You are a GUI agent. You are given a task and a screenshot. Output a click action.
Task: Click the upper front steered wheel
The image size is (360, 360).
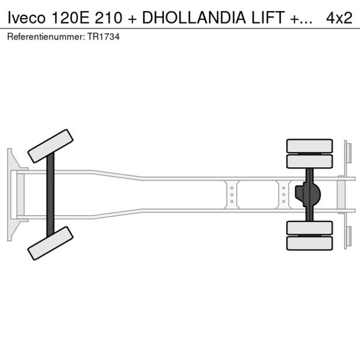coord(51,146)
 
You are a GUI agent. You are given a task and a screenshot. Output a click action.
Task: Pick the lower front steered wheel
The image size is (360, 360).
coord(51,243)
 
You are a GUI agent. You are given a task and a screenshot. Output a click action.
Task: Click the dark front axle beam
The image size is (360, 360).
coord(51,195)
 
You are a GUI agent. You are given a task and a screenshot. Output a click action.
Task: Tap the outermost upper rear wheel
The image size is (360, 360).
coord(309,145)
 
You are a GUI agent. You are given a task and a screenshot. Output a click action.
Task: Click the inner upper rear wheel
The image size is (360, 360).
coord(309,161)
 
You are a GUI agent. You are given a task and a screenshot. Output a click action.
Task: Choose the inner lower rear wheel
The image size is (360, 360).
coord(309,228)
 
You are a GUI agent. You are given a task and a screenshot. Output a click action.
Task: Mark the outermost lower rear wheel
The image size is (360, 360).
coord(309,243)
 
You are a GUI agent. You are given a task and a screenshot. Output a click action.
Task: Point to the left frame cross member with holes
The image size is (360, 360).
coord(232,195)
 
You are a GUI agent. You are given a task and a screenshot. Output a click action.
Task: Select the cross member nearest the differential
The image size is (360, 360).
coord(283,195)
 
